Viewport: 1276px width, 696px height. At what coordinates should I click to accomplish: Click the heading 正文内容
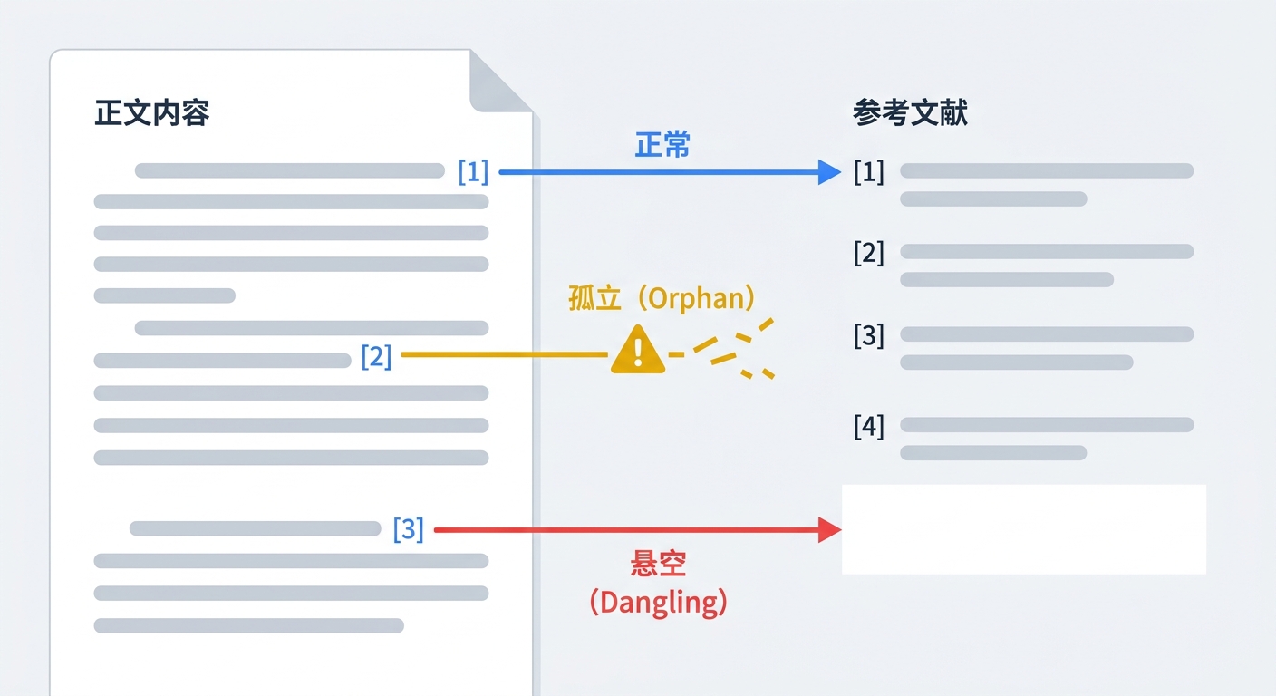point(152,113)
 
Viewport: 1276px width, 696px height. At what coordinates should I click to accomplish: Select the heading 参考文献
point(910,113)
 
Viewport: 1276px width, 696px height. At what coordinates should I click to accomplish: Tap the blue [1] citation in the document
point(473,171)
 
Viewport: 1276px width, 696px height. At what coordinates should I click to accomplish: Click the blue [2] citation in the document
point(376,356)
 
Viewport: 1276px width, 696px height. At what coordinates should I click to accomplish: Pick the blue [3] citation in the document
point(408,529)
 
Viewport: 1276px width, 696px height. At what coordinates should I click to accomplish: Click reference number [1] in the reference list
point(868,171)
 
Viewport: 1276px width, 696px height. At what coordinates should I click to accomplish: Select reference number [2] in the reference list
point(868,253)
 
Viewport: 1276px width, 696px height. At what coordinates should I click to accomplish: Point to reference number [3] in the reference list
point(868,335)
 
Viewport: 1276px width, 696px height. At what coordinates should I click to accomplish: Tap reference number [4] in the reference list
point(868,426)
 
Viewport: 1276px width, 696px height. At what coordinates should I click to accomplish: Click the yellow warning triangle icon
point(638,351)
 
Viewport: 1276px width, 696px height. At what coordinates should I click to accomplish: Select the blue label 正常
point(662,145)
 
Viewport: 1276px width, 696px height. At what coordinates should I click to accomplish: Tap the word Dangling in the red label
point(659,602)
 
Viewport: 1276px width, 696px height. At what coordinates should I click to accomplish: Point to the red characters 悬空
point(658,565)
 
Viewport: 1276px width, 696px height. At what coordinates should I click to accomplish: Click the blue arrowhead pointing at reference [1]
point(828,171)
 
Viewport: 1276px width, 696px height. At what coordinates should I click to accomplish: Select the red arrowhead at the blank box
point(829,529)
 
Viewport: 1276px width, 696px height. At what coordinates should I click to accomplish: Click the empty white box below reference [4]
point(1024,529)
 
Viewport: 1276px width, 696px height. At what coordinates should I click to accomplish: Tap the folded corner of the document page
point(499,82)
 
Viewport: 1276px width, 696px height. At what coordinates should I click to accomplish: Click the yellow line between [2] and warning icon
point(504,355)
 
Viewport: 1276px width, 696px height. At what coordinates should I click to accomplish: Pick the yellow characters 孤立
point(594,298)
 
